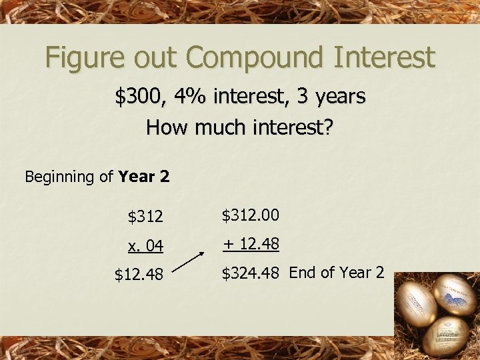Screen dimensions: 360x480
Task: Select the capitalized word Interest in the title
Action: [x=380, y=57]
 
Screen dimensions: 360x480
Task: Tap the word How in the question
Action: [x=163, y=127]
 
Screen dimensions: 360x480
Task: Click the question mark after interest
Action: [x=327, y=127]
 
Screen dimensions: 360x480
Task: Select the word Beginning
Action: [x=59, y=177]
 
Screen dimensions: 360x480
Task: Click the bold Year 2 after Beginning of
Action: [x=143, y=177]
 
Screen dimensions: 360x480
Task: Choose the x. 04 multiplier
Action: [x=145, y=246]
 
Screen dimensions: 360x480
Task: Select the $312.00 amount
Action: [x=250, y=215]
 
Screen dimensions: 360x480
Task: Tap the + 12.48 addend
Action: [x=251, y=244]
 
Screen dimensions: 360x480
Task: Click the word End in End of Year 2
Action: [x=303, y=273]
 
